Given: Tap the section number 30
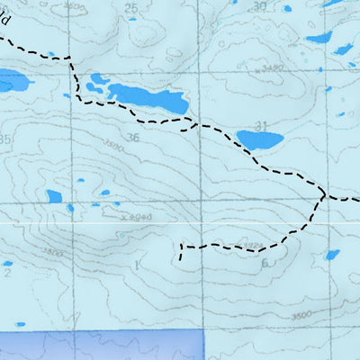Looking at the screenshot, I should point(261,5).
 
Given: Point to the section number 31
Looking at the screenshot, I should point(262,125).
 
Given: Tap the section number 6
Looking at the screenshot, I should point(265,264).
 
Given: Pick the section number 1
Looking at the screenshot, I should point(137,265).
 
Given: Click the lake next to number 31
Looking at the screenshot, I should point(258,139).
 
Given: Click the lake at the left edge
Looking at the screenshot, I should point(13,83).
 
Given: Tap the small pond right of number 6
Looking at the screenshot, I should point(332,255).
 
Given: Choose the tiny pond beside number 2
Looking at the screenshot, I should point(8,263).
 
